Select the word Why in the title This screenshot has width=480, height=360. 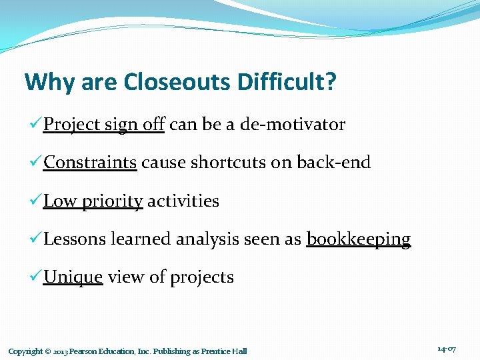[x=46, y=83]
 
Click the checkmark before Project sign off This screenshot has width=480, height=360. [x=37, y=125]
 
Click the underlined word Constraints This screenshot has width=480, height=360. [x=90, y=163]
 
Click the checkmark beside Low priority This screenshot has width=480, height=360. [x=37, y=201]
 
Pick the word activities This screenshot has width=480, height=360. [x=183, y=201]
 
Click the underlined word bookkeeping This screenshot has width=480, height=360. [x=358, y=239]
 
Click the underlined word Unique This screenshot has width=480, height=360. [x=73, y=277]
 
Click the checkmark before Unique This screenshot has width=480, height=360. [x=37, y=277]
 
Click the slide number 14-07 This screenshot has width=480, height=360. [x=447, y=349]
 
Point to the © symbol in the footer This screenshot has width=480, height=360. [x=49, y=351]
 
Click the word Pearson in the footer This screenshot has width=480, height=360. [x=86, y=351]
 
